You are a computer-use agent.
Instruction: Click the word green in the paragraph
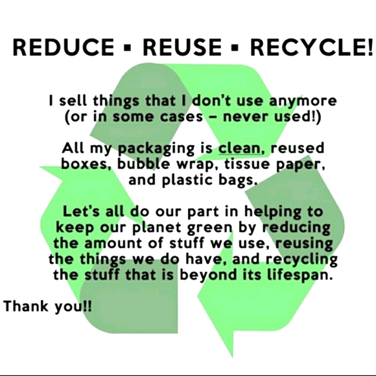click(220, 228)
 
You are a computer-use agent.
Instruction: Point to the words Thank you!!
click(48, 305)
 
